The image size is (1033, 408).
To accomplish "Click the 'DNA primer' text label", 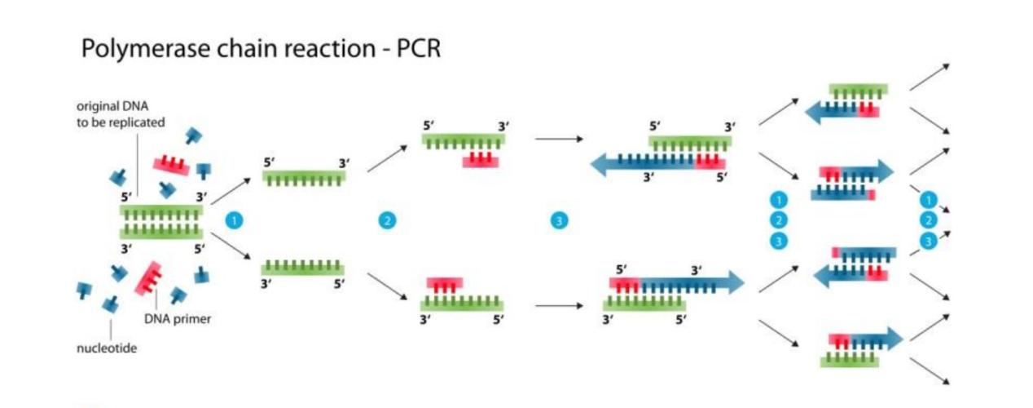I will tap(178, 319).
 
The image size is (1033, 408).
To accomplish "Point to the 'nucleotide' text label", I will tap(107, 348).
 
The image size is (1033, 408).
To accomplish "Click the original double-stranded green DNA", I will tap(161, 221).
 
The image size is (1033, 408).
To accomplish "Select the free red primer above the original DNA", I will tap(171, 165).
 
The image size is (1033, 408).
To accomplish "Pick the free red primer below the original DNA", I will tap(151, 277).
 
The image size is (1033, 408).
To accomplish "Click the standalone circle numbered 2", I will tap(387, 220).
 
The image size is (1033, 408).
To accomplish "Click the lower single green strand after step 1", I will tap(302, 267).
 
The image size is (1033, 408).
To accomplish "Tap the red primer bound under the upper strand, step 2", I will tap(481, 161).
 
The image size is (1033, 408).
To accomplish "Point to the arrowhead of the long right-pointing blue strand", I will tap(736, 282).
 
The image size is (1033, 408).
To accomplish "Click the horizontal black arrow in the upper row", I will tap(559, 140).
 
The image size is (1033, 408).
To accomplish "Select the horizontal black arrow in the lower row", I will tap(559, 307).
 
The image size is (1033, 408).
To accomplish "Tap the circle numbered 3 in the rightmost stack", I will tap(928, 241).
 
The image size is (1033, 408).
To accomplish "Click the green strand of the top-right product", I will tap(858, 90).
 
